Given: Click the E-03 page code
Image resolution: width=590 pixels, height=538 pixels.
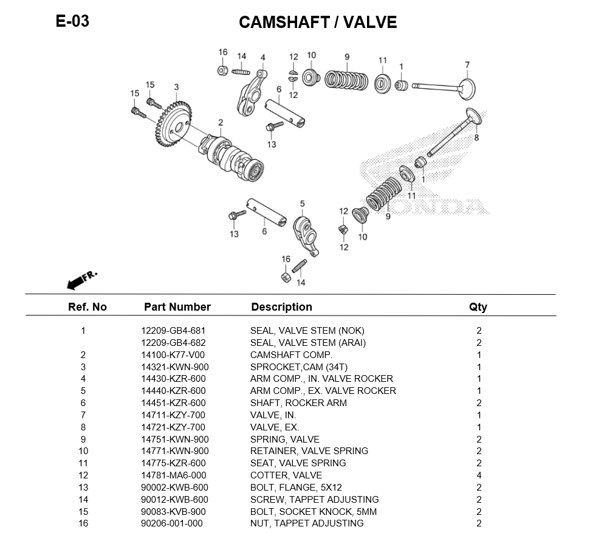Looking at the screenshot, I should pyautogui.click(x=72, y=21).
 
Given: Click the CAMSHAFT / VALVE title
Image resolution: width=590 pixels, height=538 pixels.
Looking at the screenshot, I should pyautogui.click(x=317, y=22).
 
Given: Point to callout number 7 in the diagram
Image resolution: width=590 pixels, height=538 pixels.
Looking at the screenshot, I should pyautogui.click(x=467, y=65).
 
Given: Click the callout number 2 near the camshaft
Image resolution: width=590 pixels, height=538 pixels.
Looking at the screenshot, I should pyautogui.click(x=221, y=123).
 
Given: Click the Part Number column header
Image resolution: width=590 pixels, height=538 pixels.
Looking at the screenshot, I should pyautogui.click(x=177, y=307).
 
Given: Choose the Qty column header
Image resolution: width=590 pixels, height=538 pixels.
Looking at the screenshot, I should pyautogui.click(x=478, y=307).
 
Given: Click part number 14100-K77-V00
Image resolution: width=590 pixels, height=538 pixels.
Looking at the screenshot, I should pyautogui.click(x=173, y=355).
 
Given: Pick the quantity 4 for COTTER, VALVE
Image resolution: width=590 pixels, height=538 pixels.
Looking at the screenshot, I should pyautogui.click(x=479, y=475).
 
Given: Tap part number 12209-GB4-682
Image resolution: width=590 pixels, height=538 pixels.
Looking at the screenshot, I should pyautogui.click(x=173, y=343).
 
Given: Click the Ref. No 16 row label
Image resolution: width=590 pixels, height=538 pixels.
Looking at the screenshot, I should pyautogui.click(x=83, y=523).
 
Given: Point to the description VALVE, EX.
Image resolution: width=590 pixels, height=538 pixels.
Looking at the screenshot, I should pyautogui.click(x=275, y=427).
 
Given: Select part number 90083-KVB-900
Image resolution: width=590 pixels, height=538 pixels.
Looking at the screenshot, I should pyautogui.click(x=173, y=511).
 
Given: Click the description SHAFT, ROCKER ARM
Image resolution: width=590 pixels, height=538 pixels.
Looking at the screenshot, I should pyautogui.click(x=298, y=403).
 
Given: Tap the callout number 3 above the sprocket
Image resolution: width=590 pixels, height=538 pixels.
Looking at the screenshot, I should pyautogui.click(x=176, y=87).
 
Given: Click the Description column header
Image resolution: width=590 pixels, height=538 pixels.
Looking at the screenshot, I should pyautogui.click(x=281, y=307).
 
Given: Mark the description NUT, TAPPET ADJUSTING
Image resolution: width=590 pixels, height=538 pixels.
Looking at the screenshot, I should pyautogui.click(x=307, y=523).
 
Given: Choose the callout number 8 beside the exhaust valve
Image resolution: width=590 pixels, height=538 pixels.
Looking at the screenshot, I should pyautogui.click(x=476, y=138).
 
